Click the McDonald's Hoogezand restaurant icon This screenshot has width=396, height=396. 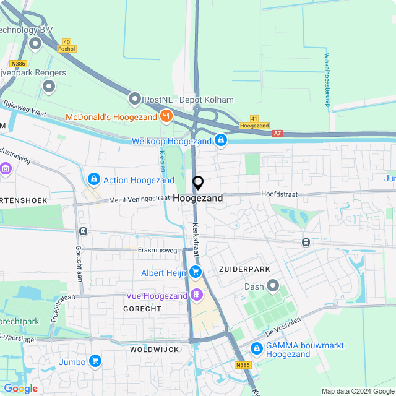pos(166,116)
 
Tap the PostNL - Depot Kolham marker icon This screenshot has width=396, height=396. pos(135,99)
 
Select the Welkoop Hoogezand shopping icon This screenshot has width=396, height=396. pos(220,141)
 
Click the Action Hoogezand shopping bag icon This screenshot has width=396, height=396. pos(93,180)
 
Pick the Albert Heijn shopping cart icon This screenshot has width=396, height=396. pos(196,272)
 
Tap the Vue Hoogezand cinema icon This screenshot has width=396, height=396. pos(196,294)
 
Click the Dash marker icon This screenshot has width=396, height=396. pos(273,286)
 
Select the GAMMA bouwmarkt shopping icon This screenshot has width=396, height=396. pos(256,349)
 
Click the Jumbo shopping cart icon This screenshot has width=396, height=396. pos(95,361)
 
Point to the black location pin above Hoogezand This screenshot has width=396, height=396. pos(198,183)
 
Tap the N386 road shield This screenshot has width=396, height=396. pos(17,63)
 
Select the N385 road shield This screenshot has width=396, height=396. pos(243,365)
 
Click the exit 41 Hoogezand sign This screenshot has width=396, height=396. pos(254,121)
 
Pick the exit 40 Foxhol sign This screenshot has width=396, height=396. pos(66,45)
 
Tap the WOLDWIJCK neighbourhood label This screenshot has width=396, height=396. pos(155,350)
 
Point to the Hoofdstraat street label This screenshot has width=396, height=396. pos(278,194)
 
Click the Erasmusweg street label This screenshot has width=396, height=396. pos(157,251)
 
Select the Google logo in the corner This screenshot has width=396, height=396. pos(20,389)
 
